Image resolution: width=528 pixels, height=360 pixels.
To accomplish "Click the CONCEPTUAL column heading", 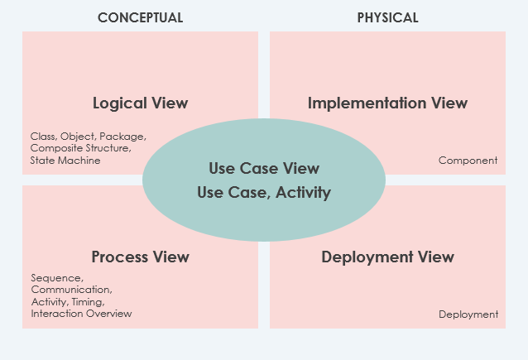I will [x=140, y=17].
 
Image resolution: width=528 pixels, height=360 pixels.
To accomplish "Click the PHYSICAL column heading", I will [x=387, y=17].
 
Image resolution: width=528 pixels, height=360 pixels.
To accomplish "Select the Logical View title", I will [x=140, y=103].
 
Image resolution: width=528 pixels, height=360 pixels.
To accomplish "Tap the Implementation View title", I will [x=387, y=103].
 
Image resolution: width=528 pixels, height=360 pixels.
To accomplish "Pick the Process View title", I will [x=140, y=257].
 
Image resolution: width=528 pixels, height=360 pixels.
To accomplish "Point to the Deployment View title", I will [x=387, y=257].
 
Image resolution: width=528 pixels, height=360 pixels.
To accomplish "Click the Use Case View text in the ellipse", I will [x=264, y=169].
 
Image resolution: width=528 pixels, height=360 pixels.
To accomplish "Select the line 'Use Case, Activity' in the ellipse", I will [x=264, y=193].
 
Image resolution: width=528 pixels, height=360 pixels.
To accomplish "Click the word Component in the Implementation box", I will [x=468, y=161].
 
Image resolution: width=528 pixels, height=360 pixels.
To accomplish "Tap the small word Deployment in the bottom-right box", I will [x=468, y=314].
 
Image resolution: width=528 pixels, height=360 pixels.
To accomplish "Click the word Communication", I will [x=70, y=290].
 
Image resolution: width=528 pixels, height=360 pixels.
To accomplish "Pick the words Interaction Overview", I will [x=81, y=314].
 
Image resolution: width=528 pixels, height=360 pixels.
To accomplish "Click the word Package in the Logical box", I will [x=123, y=136].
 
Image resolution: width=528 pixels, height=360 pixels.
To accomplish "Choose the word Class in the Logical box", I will [x=43, y=136].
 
